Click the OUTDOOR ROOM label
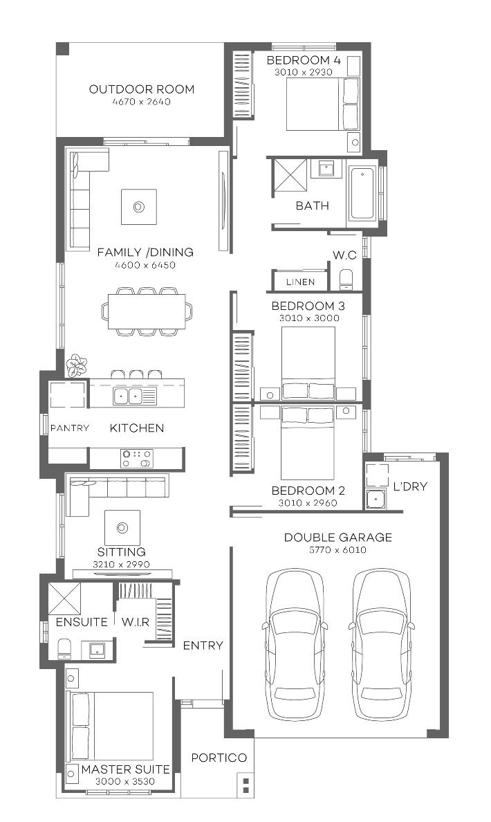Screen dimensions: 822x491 [141, 89]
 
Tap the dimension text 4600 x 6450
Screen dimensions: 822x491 [145, 264]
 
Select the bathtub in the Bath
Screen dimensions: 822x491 [362, 193]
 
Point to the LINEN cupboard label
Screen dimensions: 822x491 [300, 282]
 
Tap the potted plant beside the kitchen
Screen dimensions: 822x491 [76, 365]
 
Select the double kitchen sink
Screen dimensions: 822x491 [127, 396]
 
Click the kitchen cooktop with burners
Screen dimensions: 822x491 [136, 458]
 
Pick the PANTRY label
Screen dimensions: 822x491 [69, 428]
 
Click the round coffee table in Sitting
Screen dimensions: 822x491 [122, 528]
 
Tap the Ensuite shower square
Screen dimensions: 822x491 [64, 598]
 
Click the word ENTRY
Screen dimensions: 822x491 [203, 646]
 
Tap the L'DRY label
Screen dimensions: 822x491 [410, 486]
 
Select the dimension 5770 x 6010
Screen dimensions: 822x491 [338, 550]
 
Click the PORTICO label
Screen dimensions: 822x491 [219, 758]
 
